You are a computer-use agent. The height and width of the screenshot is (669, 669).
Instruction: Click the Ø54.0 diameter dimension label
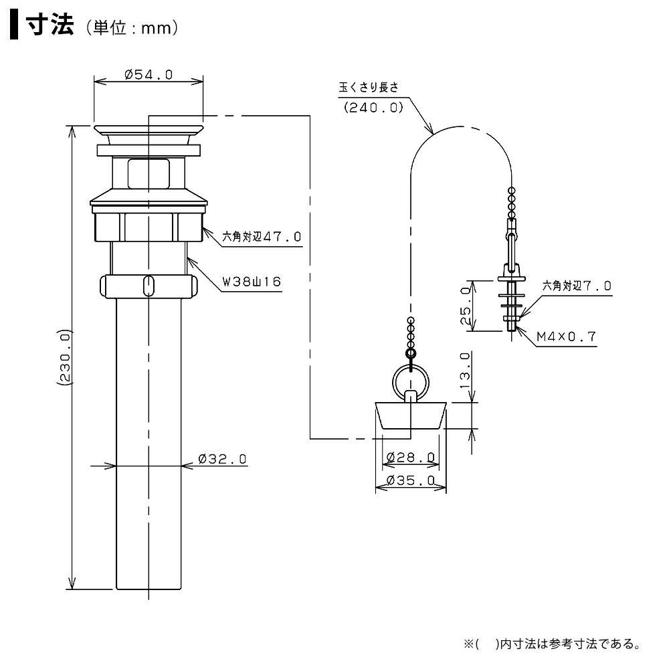(x=149, y=75)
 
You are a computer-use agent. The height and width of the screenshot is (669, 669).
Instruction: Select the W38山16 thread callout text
(x=252, y=281)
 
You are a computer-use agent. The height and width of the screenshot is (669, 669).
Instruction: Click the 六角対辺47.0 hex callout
(x=262, y=236)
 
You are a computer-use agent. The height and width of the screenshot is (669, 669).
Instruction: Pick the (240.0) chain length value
(x=373, y=106)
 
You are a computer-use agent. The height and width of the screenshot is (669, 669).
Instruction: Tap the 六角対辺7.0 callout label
(x=577, y=285)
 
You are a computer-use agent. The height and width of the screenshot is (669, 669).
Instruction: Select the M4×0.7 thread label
(x=566, y=337)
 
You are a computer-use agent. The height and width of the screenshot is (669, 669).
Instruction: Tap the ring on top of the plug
(x=410, y=381)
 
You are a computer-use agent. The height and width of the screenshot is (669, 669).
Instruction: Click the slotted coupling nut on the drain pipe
(x=149, y=286)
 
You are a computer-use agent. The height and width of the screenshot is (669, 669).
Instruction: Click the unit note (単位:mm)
(x=131, y=29)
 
